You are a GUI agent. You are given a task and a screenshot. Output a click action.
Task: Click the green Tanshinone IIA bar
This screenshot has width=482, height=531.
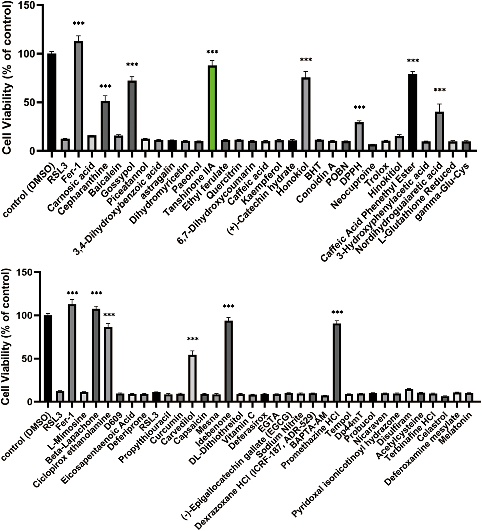click(x=212, y=108)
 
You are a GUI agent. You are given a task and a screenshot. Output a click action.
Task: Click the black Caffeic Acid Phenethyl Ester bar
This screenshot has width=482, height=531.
click(x=413, y=112)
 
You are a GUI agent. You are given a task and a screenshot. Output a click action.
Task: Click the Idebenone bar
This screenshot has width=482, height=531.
click(x=228, y=361)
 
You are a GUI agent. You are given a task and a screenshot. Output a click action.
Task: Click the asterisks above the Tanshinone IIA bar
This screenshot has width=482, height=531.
click(x=212, y=52)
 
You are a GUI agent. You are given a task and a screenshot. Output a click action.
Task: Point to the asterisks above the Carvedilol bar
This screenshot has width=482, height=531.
click(x=192, y=339)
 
